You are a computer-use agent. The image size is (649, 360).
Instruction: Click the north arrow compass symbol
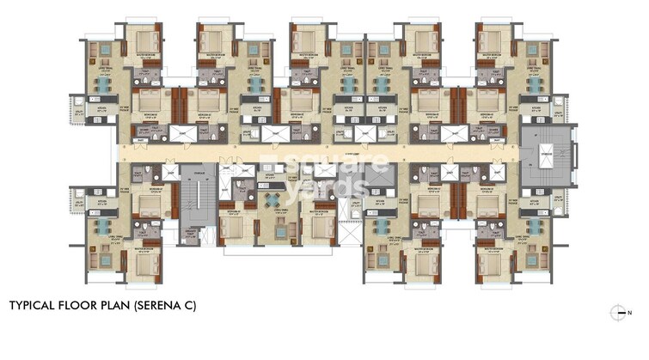tap(615, 311)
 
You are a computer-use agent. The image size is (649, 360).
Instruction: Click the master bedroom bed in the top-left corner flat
tap(142, 41)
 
